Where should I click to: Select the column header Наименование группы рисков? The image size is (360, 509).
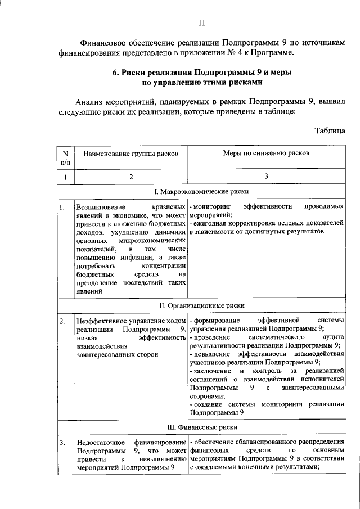130,153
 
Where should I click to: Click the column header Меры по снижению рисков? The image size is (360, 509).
267,153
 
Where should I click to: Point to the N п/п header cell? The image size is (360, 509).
66,157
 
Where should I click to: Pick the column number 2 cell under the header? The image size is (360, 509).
130,177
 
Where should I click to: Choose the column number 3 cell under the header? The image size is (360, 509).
267,177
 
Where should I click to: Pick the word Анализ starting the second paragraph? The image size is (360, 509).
90,102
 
